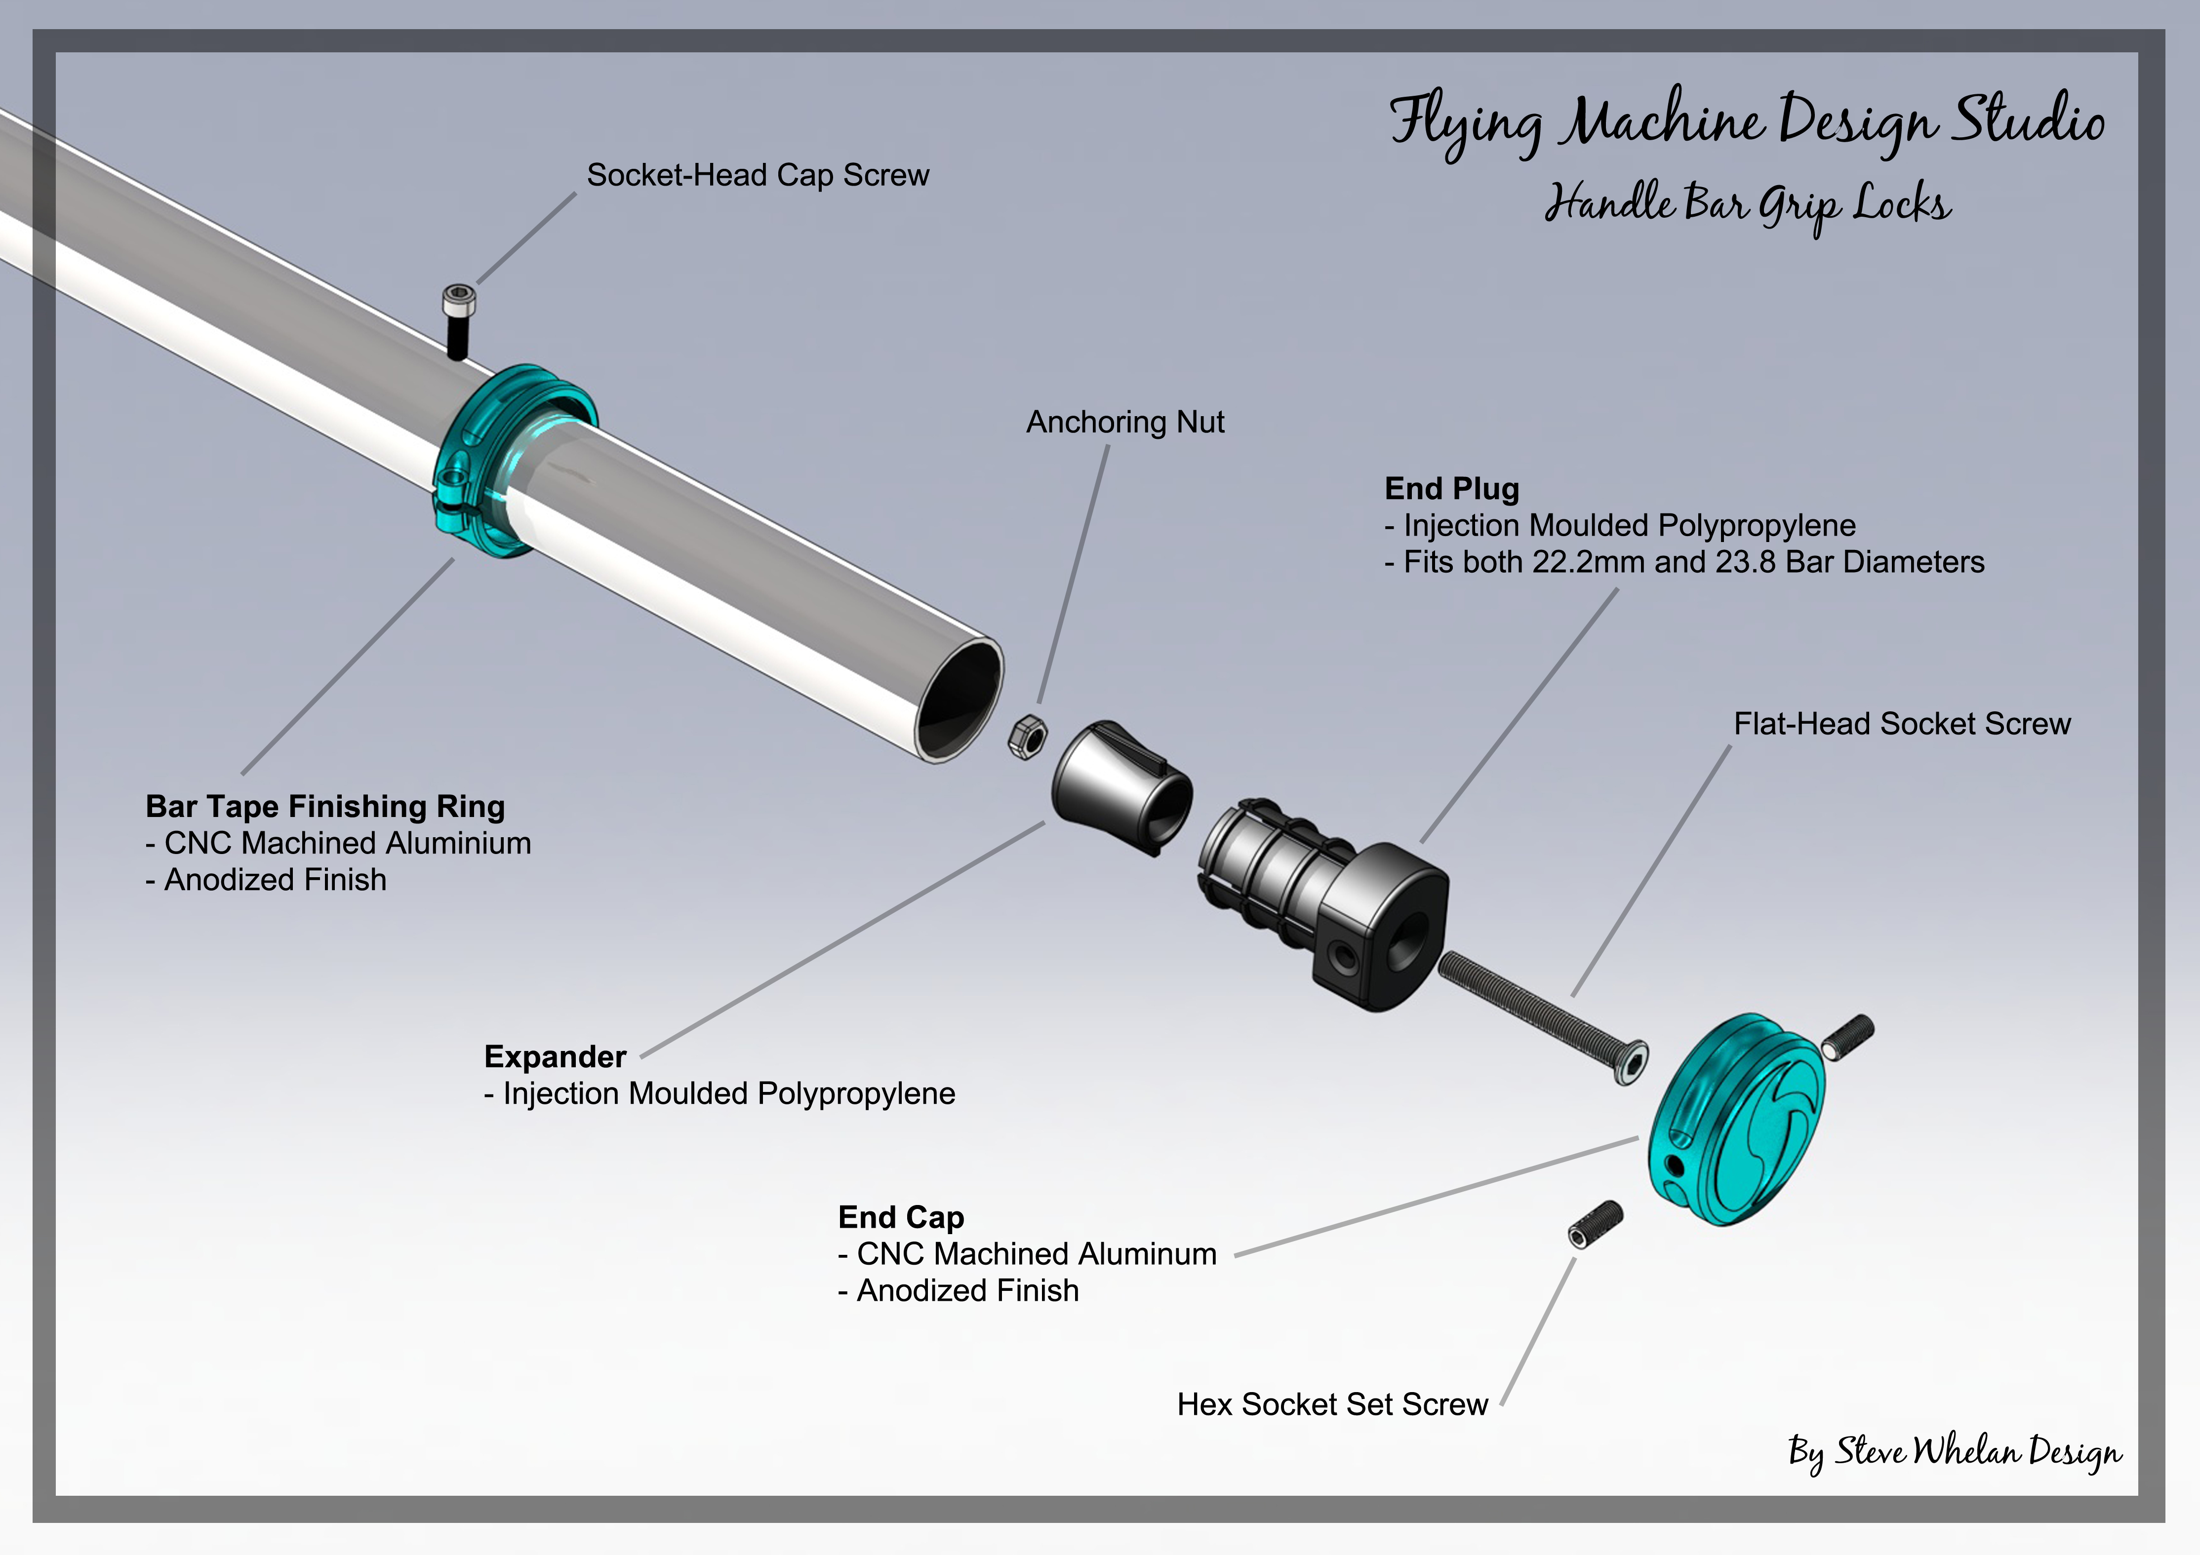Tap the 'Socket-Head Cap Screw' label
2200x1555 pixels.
point(758,175)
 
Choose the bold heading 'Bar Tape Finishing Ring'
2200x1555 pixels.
point(325,807)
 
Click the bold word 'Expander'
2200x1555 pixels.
point(555,1057)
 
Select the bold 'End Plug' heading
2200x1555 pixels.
point(1452,489)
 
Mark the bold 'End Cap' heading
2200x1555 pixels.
point(901,1217)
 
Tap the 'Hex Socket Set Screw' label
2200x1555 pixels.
point(1332,1404)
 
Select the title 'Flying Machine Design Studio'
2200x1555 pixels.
point(1747,122)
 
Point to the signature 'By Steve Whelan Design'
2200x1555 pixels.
point(1955,1452)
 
